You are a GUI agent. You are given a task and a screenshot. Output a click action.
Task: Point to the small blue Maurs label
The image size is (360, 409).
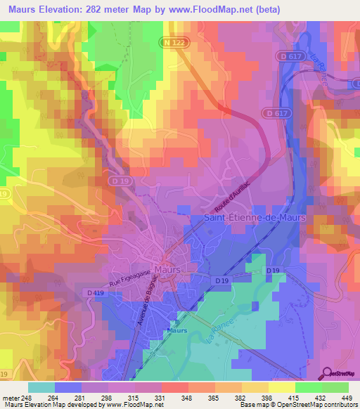[x=176, y=330]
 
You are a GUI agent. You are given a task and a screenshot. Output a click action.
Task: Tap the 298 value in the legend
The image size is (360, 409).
[x=108, y=398]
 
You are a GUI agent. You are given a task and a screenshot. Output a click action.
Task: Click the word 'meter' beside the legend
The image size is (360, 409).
[x=11, y=398]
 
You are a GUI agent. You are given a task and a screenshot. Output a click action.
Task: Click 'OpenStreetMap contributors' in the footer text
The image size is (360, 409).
[x=313, y=405]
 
